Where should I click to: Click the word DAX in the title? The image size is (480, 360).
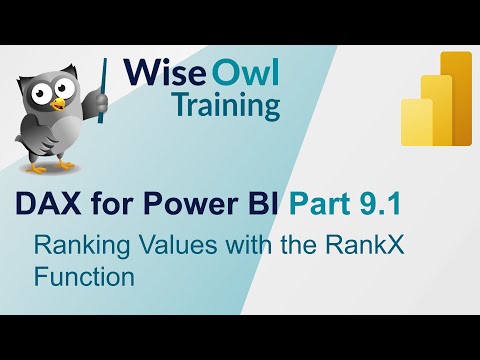pos(50,204)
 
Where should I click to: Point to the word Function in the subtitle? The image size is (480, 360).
pos(84,277)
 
